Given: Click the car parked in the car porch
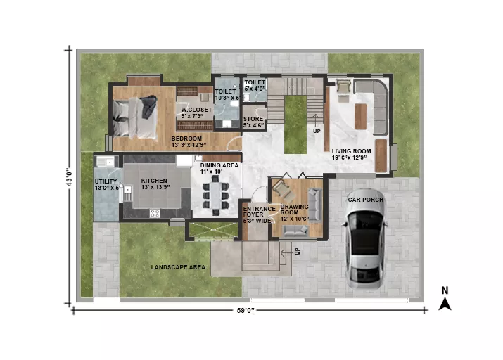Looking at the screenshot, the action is tap(364, 240).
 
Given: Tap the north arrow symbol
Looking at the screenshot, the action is tap(445, 304).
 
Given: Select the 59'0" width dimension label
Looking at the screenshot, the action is tap(246, 310).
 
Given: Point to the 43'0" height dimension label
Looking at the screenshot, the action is tap(69, 177).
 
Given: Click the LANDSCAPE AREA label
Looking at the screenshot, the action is tap(178, 267).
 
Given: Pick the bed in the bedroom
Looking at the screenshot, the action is tap(135, 117).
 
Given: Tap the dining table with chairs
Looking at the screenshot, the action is tap(215, 195).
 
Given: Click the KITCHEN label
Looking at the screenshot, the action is tap(154, 181).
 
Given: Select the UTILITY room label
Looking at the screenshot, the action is tap(106, 181).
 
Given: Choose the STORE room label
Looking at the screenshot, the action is tap(253, 119).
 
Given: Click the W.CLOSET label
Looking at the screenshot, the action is tap(196, 110).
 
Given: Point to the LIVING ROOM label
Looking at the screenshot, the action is tap(351, 151).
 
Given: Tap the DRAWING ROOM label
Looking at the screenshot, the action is tap(295, 210).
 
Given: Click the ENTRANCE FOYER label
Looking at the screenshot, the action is tap(259, 212).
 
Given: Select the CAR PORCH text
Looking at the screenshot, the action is tap(366, 200).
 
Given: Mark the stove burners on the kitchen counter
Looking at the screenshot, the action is tap(155, 214).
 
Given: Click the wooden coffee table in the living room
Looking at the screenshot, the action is tap(361, 116).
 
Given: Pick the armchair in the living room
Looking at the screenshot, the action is tap(343, 86).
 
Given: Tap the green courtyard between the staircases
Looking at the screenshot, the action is tap(295, 124).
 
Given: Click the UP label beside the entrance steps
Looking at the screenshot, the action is tap(298, 252).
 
